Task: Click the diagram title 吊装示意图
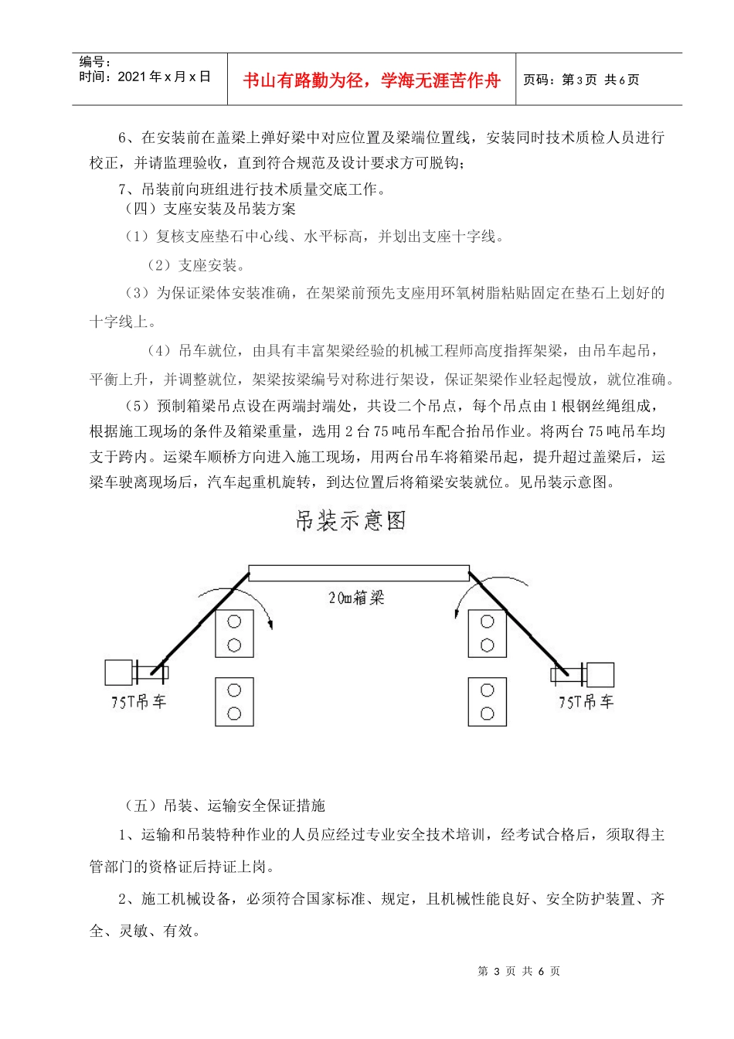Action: tap(351, 520)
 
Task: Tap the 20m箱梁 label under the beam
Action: tap(356, 598)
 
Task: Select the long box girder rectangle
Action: tap(359, 573)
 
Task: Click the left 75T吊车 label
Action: tap(139, 702)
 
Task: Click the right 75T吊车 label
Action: tap(586, 702)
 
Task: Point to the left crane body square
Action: tap(119, 673)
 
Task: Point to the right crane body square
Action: tap(600, 675)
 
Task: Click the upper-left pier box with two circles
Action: tap(235, 633)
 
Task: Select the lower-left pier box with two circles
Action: tap(235, 702)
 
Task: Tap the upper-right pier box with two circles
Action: tap(488, 633)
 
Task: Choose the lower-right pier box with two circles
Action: tap(488, 702)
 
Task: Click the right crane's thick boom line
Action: tap(514, 621)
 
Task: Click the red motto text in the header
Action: tap(372, 80)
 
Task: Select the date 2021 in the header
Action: tap(131, 77)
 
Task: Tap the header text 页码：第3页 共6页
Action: tap(581, 80)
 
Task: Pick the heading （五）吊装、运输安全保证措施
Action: tap(225, 806)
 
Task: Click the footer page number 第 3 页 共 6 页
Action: tap(519, 971)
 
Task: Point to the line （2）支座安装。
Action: tap(196, 265)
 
